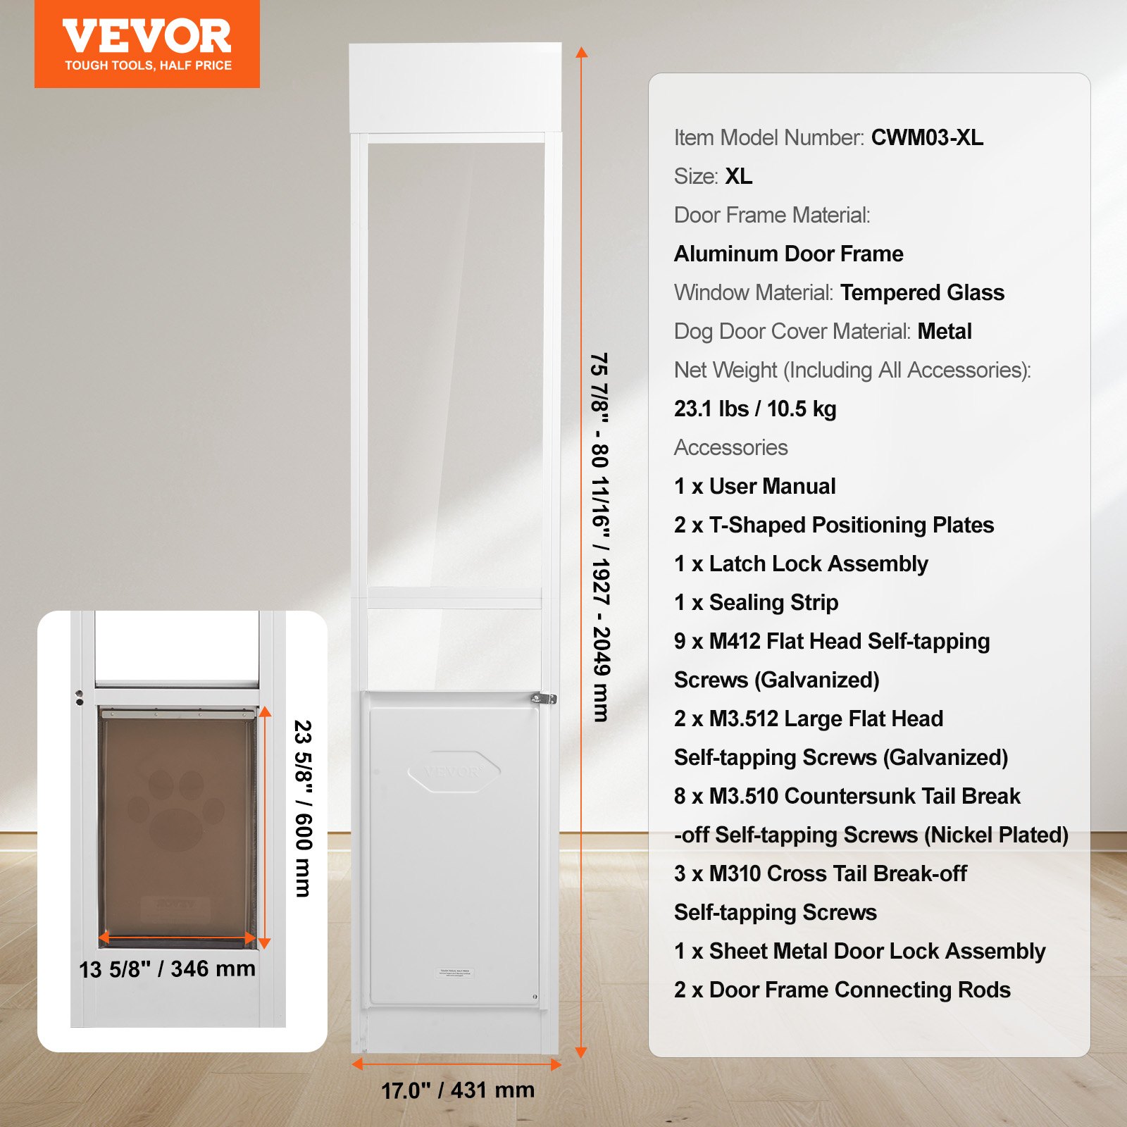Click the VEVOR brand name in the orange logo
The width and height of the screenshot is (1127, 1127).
coord(147,37)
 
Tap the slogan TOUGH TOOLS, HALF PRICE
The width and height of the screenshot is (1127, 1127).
coord(148,66)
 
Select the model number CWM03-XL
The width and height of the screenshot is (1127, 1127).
coord(927,137)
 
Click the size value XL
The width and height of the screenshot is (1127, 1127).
coord(739,176)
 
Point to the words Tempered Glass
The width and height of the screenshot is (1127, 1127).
coord(922,292)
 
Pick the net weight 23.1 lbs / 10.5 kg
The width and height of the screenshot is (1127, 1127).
coord(755,409)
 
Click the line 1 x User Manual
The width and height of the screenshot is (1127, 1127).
coord(754,486)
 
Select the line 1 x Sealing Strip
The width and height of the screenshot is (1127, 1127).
coord(756,602)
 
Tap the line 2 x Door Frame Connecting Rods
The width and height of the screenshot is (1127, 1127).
coord(842,990)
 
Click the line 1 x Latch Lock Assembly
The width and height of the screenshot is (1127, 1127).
coord(801,563)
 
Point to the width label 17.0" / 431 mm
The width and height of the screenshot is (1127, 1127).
coord(458,1090)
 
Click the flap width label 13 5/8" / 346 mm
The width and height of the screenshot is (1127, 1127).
coord(167,969)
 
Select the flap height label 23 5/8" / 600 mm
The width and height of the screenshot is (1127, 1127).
coord(303,808)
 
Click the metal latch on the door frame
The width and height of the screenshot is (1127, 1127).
coord(543,699)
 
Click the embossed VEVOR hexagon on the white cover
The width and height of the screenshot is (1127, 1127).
coord(454,772)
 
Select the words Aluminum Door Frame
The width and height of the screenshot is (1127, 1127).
coord(788,254)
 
